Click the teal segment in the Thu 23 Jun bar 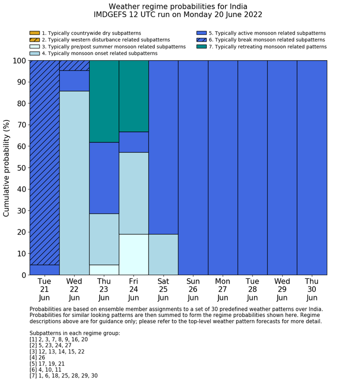[x=104, y=101]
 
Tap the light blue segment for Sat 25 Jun [x=164, y=254]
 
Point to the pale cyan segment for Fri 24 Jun [x=134, y=254]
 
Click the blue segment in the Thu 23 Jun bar [x=104, y=178]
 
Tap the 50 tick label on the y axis [x=19, y=168]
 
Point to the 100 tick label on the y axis [x=17, y=61]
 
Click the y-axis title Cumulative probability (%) [x=7, y=168]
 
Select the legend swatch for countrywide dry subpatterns [x=34, y=33]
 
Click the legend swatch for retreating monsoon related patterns [x=202, y=46]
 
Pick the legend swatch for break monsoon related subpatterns [x=202, y=40]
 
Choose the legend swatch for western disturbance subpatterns [x=34, y=40]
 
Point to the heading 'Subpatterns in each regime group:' [x=75, y=333]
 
